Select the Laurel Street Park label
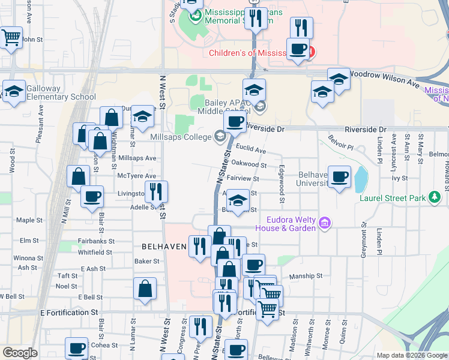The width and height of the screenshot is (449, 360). pyautogui.click(x=392, y=198)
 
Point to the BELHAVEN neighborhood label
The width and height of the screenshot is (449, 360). pyautogui.click(x=164, y=247)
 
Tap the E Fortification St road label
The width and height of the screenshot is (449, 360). pyautogui.click(x=68, y=313)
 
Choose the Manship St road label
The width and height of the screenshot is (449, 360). pyautogui.click(x=306, y=276)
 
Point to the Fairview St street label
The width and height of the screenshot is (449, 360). pyautogui.click(x=243, y=178)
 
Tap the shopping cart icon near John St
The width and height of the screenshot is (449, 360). pyautogui.click(x=11, y=38)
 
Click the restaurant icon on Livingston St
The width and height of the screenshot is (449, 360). pyautogui.click(x=156, y=192)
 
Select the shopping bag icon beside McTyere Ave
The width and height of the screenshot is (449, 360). pyautogui.click(x=78, y=176)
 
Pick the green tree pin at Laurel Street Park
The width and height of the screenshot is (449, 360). pyautogui.click(x=436, y=198)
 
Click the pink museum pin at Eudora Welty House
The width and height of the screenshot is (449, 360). pyautogui.click(x=325, y=224)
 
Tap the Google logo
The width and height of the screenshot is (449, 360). pyautogui.click(x=20, y=353)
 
